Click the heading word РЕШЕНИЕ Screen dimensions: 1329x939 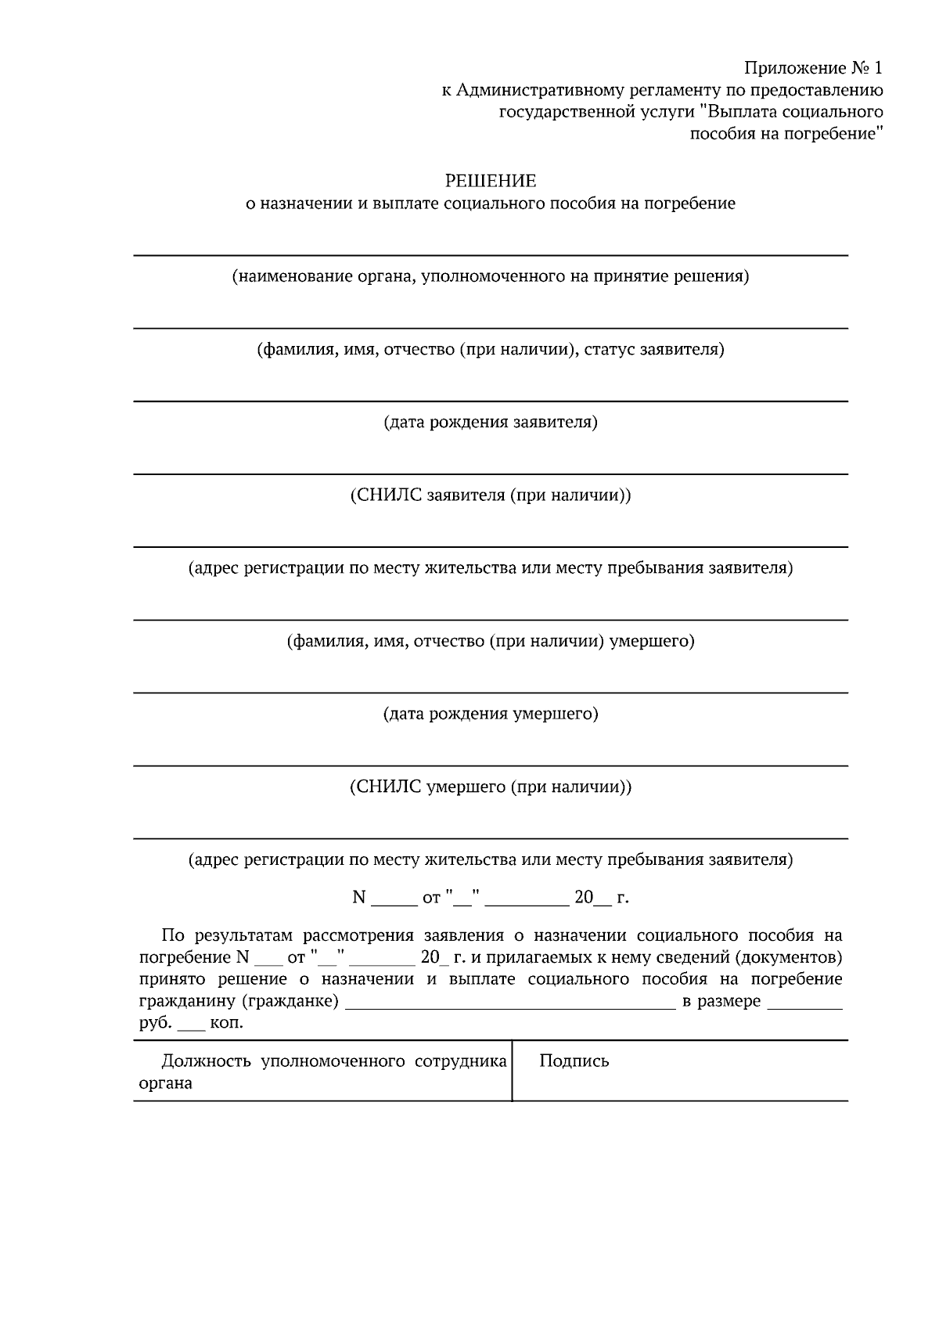(491, 182)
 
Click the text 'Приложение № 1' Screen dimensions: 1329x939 (814, 67)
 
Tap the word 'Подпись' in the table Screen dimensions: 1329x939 (574, 1061)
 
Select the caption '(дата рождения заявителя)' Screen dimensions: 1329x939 (491, 423)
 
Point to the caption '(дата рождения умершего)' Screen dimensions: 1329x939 (491, 714)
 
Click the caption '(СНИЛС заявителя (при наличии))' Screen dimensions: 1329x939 (491, 495)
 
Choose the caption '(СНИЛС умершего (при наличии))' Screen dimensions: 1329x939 (491, 787)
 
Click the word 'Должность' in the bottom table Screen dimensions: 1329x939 (206, 1061)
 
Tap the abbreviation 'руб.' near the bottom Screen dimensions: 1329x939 (154, 1023)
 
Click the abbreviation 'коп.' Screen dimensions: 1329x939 (227, 1023)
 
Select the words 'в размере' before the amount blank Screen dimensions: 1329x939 (721, 1001)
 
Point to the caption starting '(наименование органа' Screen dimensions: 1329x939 (491, 276)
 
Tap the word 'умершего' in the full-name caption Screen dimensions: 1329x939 (652, 642)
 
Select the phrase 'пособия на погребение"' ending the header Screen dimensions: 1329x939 (786, 134)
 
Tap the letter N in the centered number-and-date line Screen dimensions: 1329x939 (359, 898)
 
